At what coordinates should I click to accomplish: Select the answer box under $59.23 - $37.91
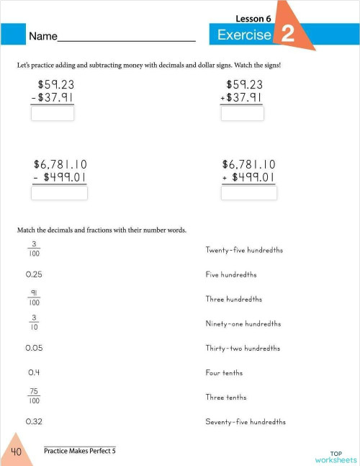click(52, 114)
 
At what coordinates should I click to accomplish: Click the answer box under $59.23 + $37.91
click(242, 114)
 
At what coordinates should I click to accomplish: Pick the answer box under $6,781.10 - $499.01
click(60, 193)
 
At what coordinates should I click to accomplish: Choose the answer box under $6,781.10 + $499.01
click(250, 193)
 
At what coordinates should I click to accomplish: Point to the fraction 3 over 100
click(34, 249)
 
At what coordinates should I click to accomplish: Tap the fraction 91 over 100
click(34, 298)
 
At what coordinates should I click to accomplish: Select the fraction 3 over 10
click(34, 323)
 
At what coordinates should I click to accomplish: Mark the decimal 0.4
click(32, 372)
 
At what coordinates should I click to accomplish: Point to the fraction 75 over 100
click(34, 396)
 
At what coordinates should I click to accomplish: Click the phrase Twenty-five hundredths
click(244, 250)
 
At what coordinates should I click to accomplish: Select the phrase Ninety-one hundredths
click(243, 323)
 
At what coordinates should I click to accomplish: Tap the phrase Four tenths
click(224, 372)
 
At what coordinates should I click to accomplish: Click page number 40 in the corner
click(16, 452)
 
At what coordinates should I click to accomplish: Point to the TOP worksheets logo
click(335, 455)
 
